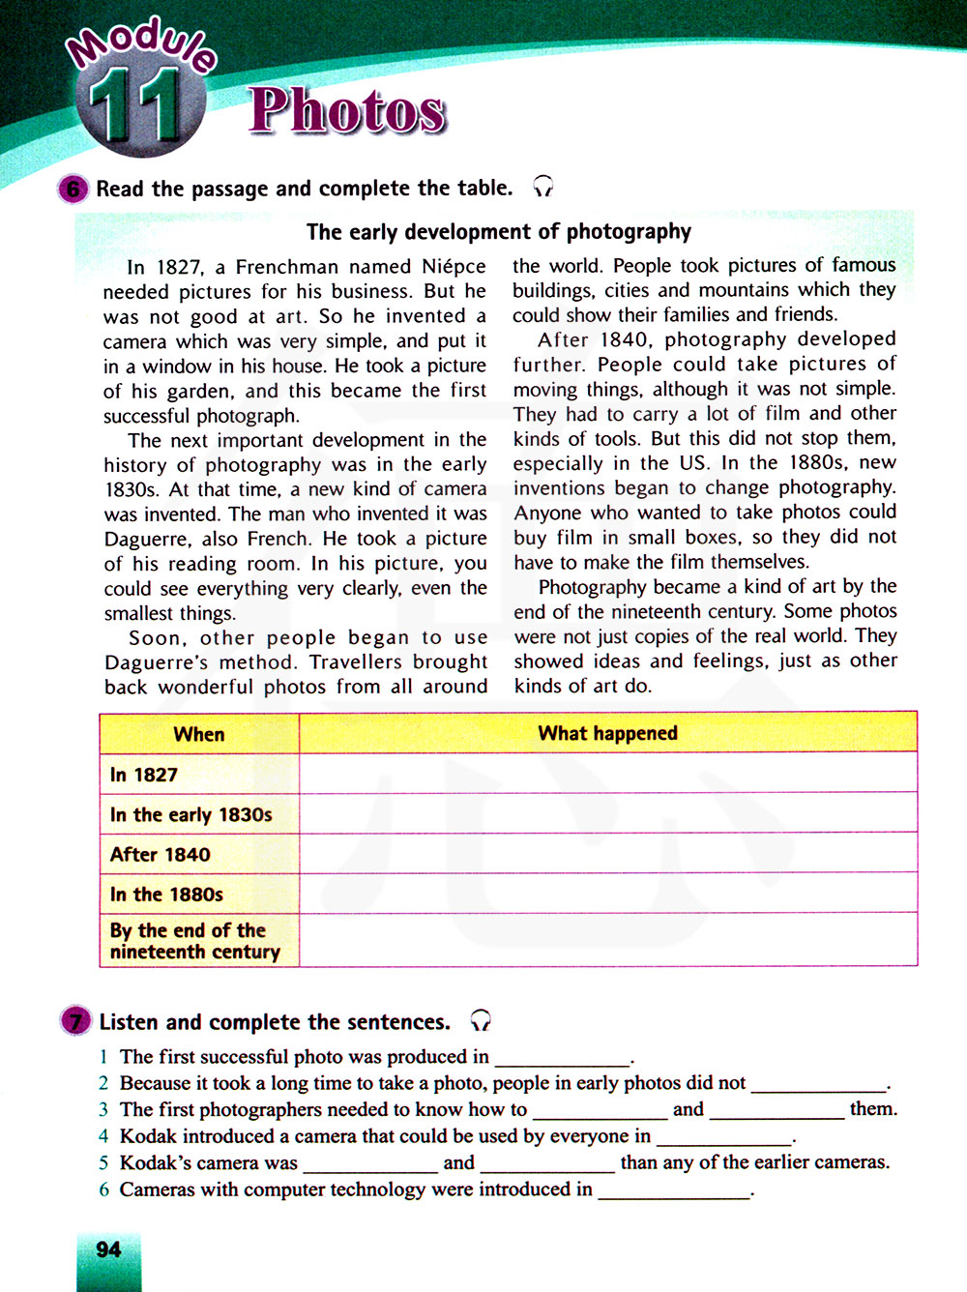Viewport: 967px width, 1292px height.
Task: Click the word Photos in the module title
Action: (x=347, y=110)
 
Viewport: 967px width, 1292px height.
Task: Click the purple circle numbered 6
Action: (x=73, y=189)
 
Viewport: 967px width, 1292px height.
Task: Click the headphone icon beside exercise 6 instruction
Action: (x=543, y=187)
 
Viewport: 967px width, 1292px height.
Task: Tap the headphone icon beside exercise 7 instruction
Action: (x=481, y=1020)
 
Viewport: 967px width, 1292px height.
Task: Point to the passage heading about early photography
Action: (x=498, y=232)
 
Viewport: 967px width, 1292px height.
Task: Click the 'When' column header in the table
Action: (x=199, y=734)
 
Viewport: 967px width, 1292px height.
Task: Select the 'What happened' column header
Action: (x=607, y=733)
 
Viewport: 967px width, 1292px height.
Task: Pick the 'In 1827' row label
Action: (x=144, y=775)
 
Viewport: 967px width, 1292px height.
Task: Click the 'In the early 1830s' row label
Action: (x=190, y=815)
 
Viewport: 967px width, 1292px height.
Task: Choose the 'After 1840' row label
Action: (x=160, y=855)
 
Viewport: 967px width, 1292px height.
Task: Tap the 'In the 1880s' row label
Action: (x=166, y=895)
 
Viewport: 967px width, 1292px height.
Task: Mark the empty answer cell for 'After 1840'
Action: (x=607, y=854)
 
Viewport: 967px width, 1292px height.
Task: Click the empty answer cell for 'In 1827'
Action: (x=607, y=774)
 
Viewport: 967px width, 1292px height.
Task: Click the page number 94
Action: (x=108, y=1249)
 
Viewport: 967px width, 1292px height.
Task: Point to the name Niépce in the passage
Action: (x=454, y=267)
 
